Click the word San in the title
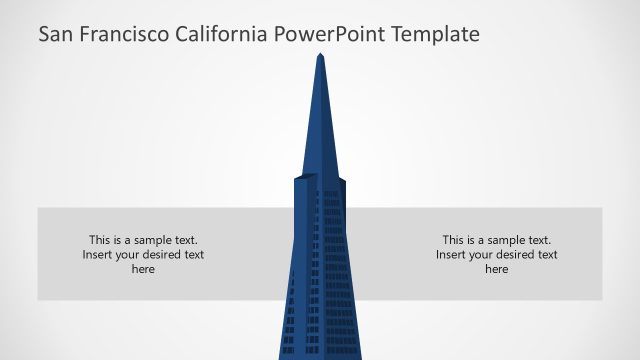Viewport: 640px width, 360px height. pos(56,35)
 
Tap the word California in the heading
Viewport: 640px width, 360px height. pos(220,35)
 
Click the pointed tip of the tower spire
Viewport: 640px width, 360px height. pos(320,54)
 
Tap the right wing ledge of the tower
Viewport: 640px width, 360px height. pos(342,181)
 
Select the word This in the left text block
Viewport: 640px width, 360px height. pos(100,240)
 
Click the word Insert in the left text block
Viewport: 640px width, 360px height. pos(98,255)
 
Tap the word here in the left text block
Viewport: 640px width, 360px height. pos(143,269)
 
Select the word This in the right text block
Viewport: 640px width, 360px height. pos(454,240)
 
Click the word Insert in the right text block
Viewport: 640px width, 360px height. pos(452,255)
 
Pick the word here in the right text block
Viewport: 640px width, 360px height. pos(497,269)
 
